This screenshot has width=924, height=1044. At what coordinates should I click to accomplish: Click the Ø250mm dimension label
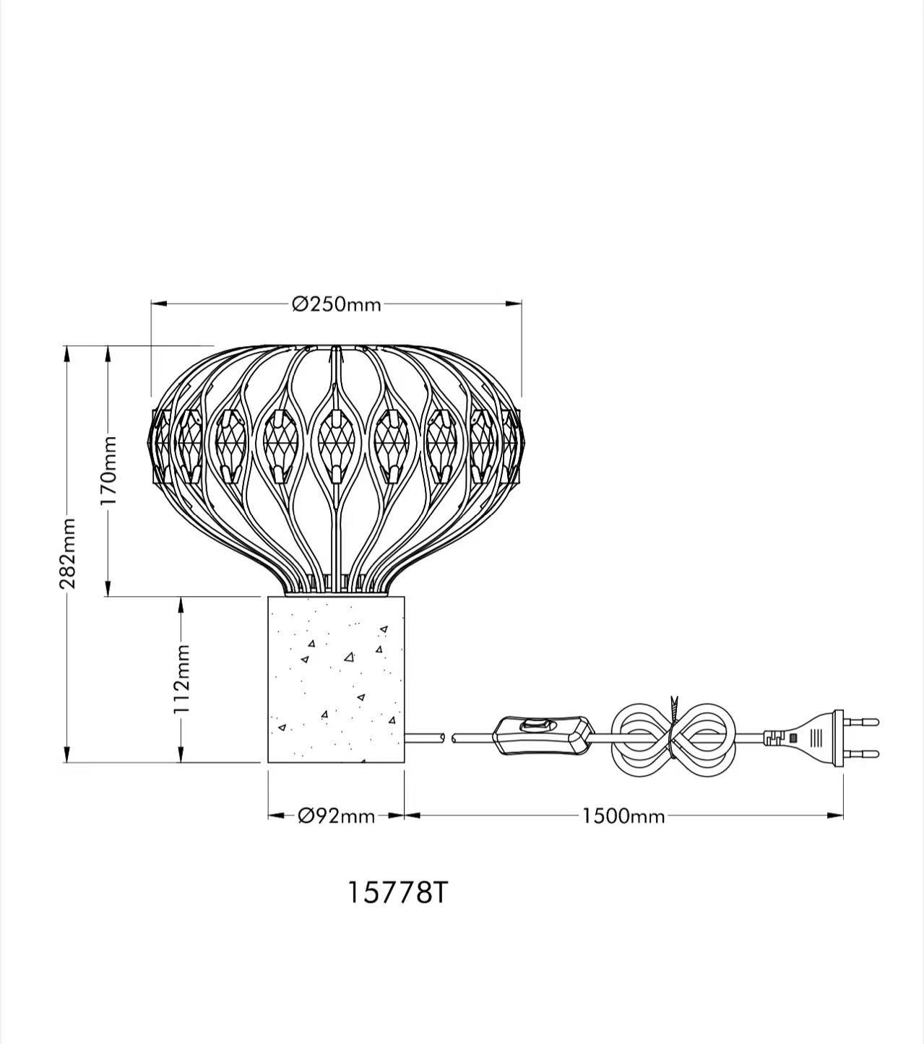337,305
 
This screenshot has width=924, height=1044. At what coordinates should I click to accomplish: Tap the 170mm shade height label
109,470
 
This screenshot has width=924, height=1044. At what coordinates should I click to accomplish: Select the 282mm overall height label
67,553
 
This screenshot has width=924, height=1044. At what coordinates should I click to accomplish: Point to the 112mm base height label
181,679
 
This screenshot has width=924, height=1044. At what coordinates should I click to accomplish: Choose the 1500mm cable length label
623,816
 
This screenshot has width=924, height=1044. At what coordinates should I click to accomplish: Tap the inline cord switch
544,735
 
